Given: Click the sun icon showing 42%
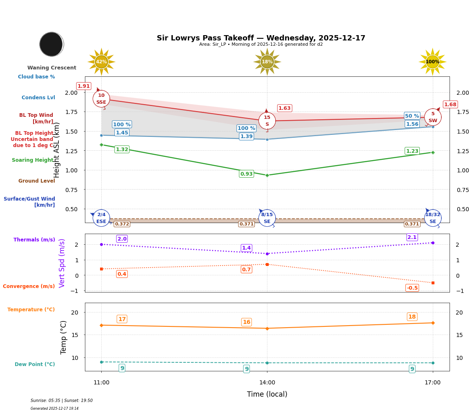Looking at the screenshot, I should click(101, 62).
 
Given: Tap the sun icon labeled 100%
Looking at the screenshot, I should click(432, 62).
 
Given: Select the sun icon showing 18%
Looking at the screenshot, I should click(267, 62).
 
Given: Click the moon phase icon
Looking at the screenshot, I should click(51, 44).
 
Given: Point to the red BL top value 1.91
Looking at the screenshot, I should click(84, 86).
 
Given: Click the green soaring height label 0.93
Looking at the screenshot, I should click(246, 174).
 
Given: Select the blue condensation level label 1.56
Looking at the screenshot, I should click(412, 124).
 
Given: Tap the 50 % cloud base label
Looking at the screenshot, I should click(412, 116).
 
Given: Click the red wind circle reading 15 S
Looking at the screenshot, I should click(267, 121).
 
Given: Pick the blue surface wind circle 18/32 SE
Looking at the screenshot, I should click(432, 218).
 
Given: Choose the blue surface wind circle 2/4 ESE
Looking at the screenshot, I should click(101, 218).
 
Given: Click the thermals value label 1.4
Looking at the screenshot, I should click(246, 248).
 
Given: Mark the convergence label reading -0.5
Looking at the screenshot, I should click(412, 288).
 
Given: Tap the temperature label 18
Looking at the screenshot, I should click(412, 317).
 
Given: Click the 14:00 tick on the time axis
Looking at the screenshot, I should click(267, 383).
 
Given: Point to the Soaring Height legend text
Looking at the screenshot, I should click(33, 160).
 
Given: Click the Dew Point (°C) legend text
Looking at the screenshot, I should click(35, 364).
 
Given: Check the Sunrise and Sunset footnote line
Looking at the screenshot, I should click(62, 401).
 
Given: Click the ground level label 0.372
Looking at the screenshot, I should click(122, 224).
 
